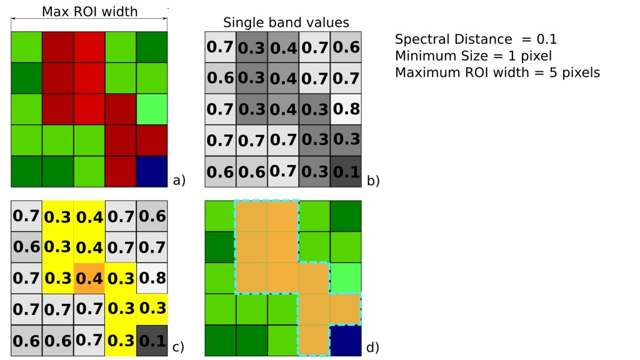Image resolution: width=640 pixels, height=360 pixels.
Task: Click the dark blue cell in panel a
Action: (152, 171)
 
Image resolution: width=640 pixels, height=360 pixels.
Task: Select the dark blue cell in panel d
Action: (346, 341)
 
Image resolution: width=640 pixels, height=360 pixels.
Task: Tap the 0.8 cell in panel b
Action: (346, 109)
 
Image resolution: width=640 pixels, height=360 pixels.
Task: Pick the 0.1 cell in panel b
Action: (346, 172)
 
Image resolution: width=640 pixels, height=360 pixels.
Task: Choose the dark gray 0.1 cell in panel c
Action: (152, 341)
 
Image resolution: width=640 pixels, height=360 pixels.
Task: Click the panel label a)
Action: (179, 181)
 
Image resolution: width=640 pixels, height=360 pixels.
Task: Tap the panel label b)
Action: (373, 181)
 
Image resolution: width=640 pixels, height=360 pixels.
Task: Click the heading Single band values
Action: (286, 23)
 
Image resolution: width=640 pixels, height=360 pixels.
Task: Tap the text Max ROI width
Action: (89, 11)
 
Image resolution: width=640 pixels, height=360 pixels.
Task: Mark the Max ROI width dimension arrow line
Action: (89, 21)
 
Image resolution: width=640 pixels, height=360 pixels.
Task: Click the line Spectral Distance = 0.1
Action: (476, 39)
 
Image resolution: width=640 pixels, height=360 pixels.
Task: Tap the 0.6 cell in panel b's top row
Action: (346, 47)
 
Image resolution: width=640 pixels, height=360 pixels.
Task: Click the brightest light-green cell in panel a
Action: (152, 109)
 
